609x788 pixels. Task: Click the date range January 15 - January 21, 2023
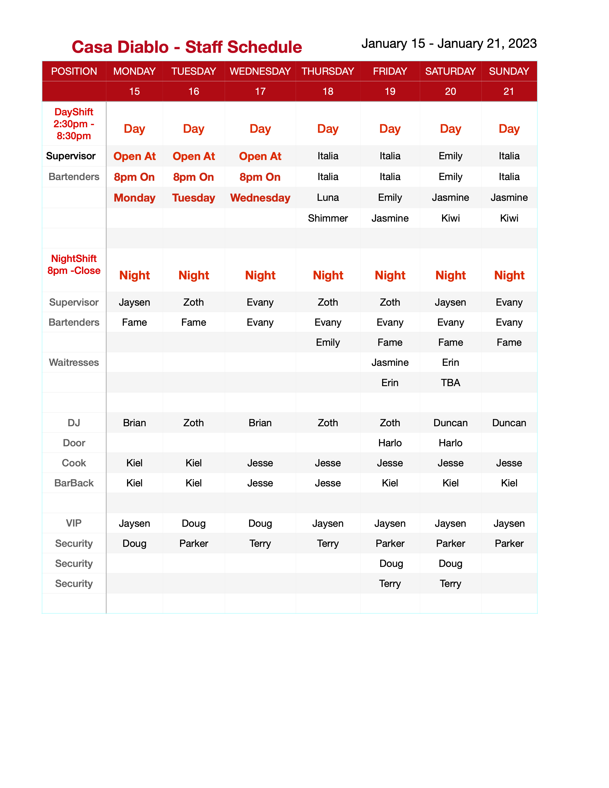(x=449, y=44)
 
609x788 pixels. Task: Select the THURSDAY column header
(x=328, y=71)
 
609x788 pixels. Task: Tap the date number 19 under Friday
(x=390, y=92)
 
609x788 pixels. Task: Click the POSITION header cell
(x=74, y=71)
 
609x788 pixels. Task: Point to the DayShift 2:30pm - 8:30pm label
(x=74, y=124)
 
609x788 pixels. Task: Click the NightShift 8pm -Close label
(x=74, y=265)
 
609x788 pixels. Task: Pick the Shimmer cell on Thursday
(x=328, y=218)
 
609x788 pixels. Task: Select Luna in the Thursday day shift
(x=328, y=198)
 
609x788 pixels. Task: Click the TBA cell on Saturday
(x=450, y=383)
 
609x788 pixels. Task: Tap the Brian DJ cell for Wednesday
(x=260, y=423)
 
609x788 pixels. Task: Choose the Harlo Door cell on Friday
(x=390, y=443)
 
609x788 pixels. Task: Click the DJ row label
(x=74, y=423)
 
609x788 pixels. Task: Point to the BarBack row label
(x=74, y=483)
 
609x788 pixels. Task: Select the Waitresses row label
(x=74, y=363)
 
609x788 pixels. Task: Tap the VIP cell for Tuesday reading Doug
(x=193, y=523)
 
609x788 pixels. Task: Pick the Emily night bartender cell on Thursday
(x=328, y=342)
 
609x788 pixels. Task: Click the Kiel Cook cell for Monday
(x=134, y=463)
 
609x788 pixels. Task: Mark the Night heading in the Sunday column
(x=509, y=276)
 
